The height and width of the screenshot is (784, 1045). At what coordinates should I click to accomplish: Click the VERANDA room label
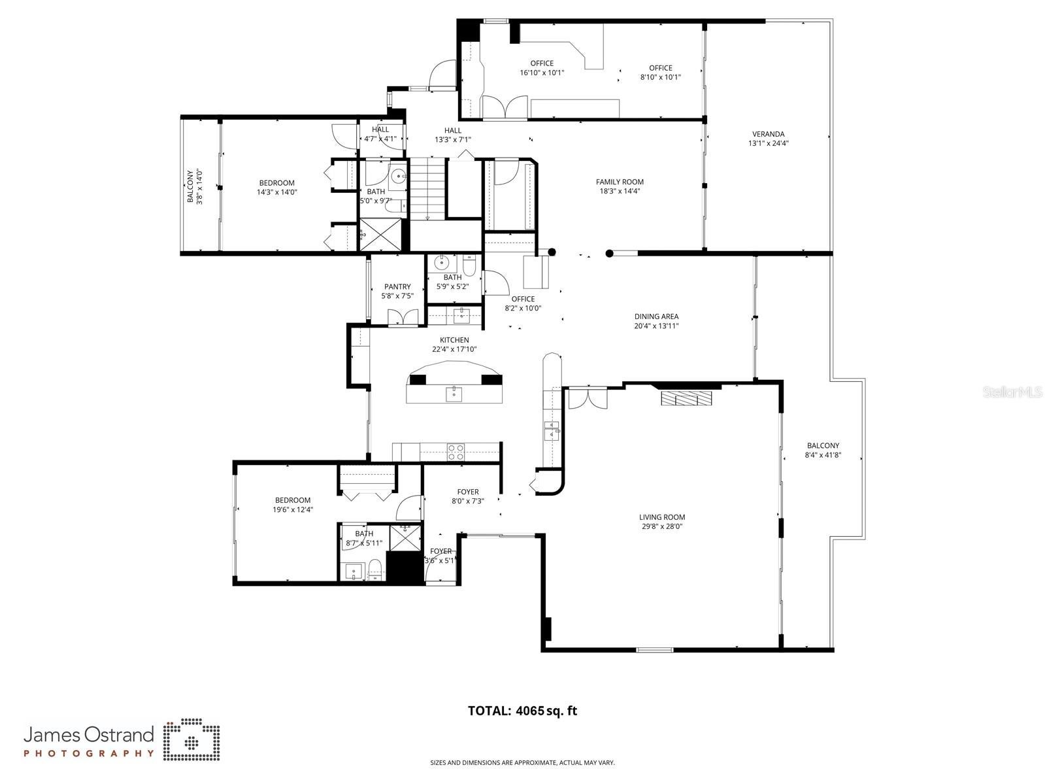[768, 134]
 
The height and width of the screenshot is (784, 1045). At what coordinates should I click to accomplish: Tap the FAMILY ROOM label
[619, 182]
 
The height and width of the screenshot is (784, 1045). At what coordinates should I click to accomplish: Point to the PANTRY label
[397, 286]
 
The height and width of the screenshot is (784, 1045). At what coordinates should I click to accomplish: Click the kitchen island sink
[454, 394]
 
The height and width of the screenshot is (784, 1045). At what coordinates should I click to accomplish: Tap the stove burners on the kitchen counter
[456, 451]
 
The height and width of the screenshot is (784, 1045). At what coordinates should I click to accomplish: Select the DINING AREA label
[655, 316]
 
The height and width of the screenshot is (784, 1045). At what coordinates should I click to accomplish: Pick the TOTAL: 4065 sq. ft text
[522, 711]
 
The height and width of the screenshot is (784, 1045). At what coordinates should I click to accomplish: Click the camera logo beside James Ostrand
[191, 741]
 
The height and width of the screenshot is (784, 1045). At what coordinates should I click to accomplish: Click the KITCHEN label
[454, 340]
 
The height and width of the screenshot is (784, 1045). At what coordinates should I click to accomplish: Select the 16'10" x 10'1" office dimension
[541, 73]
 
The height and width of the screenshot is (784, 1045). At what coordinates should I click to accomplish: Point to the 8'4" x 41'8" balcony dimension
[822, 454]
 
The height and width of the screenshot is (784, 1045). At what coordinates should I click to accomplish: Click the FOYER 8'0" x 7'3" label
[467, 496]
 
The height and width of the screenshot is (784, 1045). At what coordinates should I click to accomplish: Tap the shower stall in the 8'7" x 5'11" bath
[405, 537]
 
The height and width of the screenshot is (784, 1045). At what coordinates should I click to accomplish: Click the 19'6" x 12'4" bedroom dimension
[292, 509]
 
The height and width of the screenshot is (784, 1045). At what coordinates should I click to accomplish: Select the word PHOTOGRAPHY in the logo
[89, 753]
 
